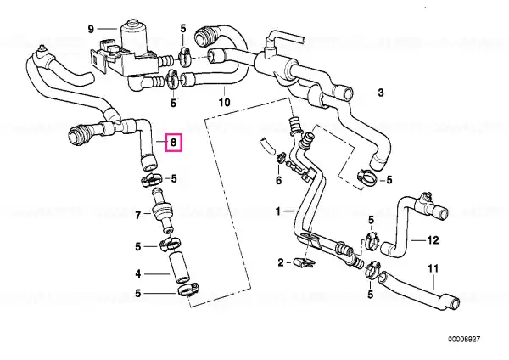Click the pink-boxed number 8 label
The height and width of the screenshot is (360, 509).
(x=174, y=143)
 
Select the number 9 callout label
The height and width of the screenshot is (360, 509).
(x=91, y=29)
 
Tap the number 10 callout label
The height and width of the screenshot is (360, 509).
(x=224, y=103)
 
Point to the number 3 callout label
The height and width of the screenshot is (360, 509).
(x=380, y=93)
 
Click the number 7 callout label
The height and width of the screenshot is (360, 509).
(x=138, y=215)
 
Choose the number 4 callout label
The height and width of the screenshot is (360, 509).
(x=138, y=274)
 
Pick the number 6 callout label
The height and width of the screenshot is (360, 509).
(x=279, y=180)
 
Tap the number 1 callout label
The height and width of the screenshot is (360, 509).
(x=278, y=212)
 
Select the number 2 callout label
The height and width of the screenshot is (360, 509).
(x=281, y=262)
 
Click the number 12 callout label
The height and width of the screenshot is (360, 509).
(x=433, y=240)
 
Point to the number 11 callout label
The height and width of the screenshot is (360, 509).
(x=433, y=268)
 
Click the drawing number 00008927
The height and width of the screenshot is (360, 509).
(x=464, y=340)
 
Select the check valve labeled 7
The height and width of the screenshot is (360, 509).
(x=162, y=211)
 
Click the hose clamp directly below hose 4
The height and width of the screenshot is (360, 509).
(x=188, y=290)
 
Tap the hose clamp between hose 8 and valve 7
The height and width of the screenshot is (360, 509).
(x=151, y=178)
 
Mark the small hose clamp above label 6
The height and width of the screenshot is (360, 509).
(x=280, y=157)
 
